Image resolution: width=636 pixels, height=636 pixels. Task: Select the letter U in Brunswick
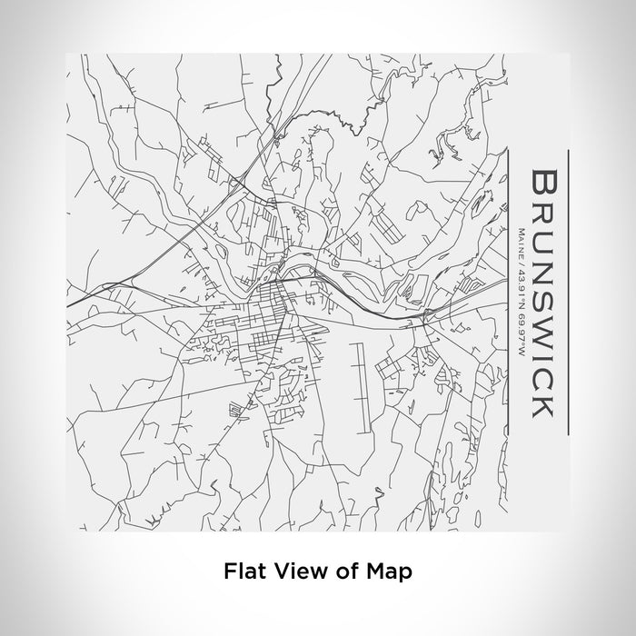(x=542, y=243)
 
